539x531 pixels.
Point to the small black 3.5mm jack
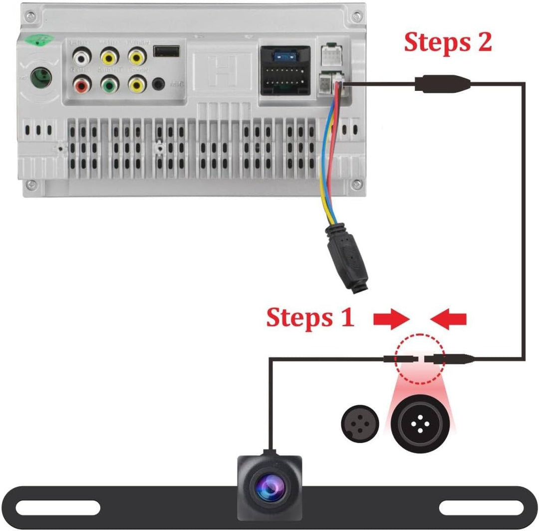[159, 84]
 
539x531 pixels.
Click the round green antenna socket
[40, 78]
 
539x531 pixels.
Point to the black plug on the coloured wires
[347, 260]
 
